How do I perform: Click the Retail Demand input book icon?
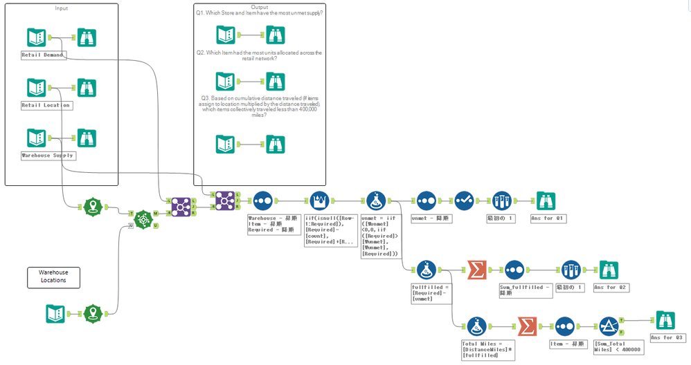35,37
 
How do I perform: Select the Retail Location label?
46,105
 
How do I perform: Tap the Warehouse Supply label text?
47,156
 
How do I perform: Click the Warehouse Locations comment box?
53,278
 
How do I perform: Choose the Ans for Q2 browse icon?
609,270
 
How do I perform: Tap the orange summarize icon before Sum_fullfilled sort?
476,270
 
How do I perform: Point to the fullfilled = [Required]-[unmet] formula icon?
426,270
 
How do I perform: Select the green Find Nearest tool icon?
143,219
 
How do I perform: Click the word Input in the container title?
62,8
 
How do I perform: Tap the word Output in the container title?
260,6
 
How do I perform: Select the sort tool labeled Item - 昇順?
564,326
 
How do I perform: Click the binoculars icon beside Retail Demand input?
87,37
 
